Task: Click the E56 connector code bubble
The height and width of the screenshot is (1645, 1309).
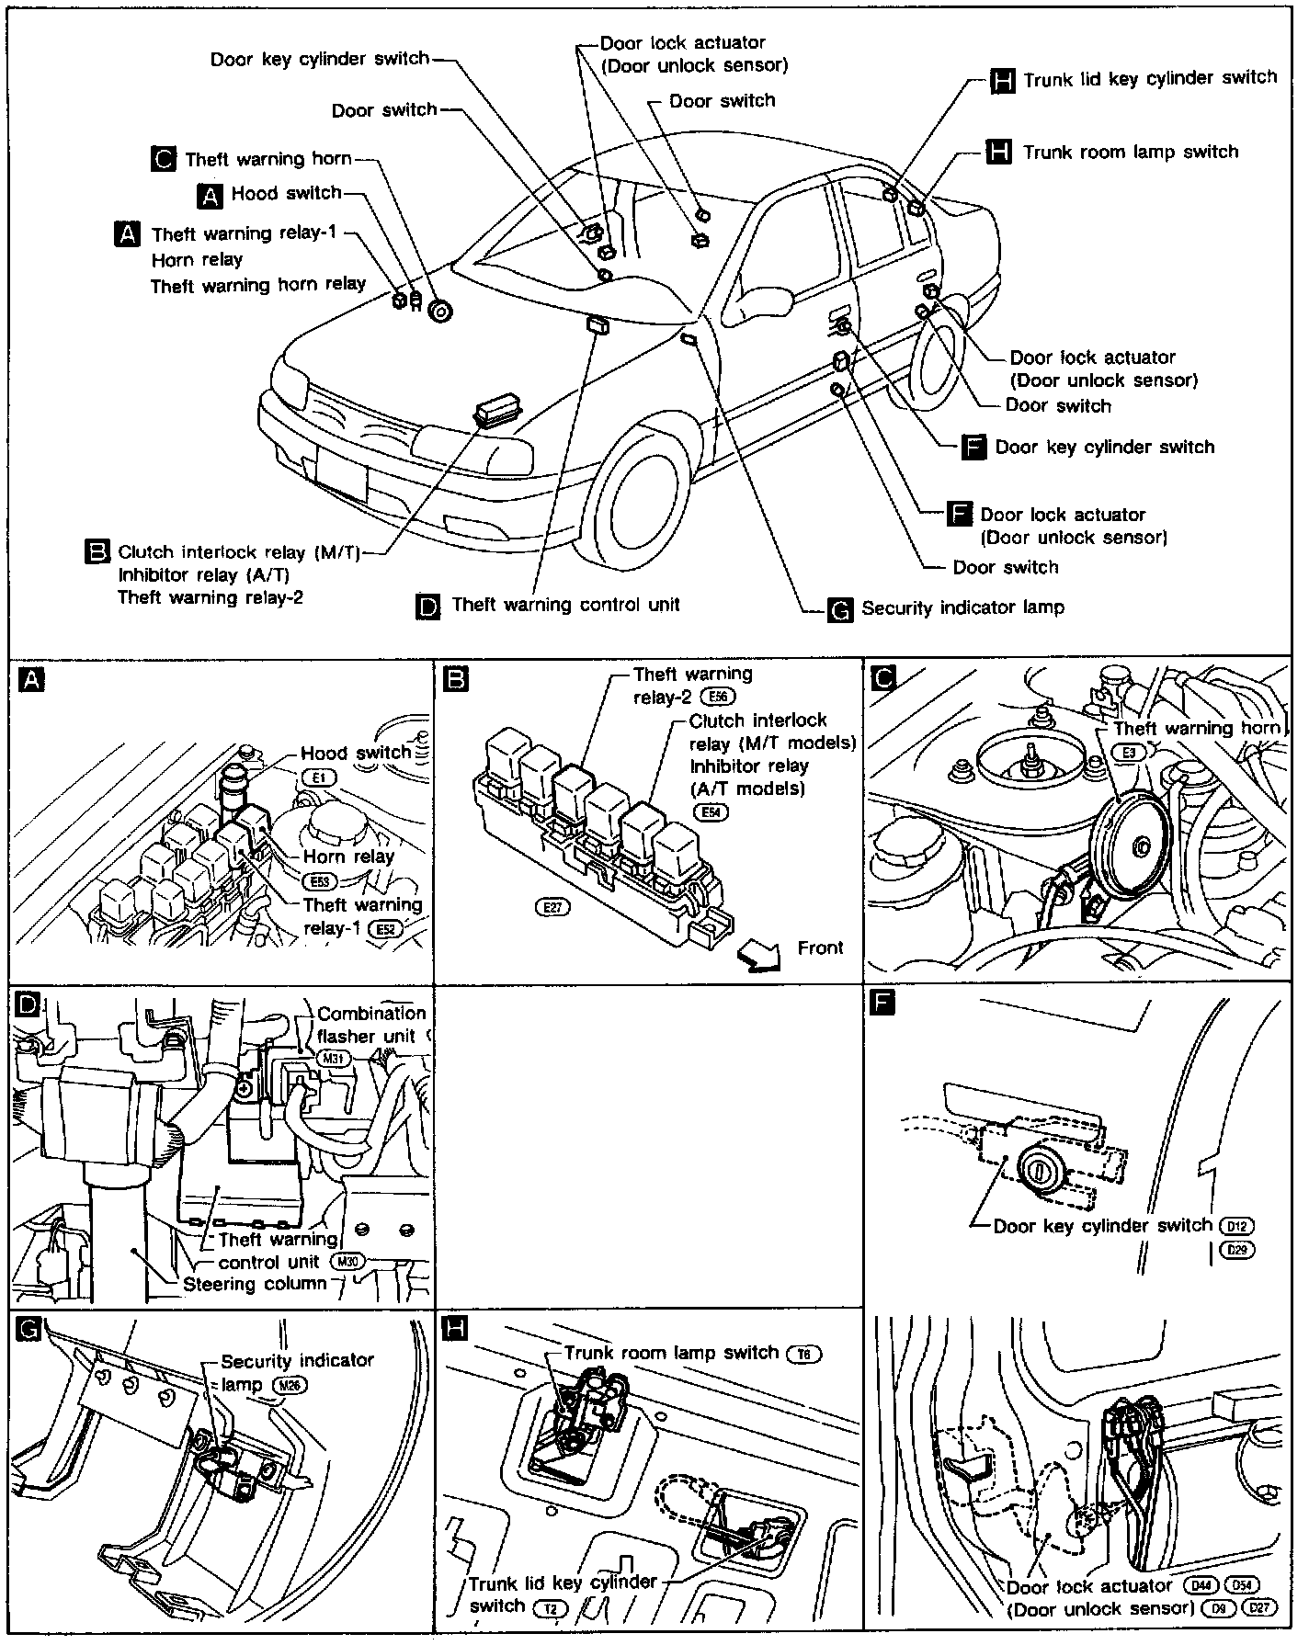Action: (718, 697)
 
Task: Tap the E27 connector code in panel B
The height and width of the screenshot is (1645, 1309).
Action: (552, 907)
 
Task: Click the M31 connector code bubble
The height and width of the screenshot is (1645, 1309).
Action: (333, 1059)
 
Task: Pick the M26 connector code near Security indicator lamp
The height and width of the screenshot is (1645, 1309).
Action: (295, 1385)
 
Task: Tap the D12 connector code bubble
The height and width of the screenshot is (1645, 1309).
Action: (1236, 1226)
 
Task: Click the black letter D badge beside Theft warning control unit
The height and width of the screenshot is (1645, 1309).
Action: (428, 606)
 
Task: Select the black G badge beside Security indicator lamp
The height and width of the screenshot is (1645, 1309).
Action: (840, 610)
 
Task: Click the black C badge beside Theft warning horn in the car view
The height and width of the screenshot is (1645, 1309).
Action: (163, 159)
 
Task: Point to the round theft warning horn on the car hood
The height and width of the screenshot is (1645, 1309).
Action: (441, 311)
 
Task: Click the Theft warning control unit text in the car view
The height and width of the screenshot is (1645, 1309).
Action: (565, 605)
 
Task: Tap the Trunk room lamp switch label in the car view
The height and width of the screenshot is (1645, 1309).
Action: (1131, 152)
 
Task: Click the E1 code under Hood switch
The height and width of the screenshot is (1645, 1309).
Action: (318, 777)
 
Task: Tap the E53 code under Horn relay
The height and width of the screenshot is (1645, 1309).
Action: (319, 881)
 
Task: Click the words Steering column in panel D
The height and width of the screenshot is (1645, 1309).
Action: (255, 1284)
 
